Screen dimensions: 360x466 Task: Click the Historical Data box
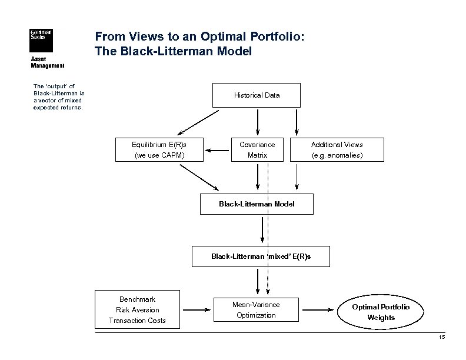point(257,95)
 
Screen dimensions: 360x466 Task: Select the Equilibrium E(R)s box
point(159,149)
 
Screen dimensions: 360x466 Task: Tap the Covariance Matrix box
point(257,149)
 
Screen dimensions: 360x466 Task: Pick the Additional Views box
point(337,149)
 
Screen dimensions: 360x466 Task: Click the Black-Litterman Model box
point(257,204)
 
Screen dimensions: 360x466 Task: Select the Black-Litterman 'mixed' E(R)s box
point(261,256)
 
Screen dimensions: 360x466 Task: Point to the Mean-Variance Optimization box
point(256,309)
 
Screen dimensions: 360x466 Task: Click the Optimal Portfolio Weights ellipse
point(381,312)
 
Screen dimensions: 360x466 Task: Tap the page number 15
point(442,337)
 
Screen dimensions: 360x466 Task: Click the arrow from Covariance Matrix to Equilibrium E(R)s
point(217,151)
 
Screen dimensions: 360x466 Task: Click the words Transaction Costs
point(137,321)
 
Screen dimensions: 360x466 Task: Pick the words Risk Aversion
point(137,310)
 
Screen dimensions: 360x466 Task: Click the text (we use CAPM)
point(159,155)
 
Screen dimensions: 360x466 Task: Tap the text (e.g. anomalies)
point(337,155)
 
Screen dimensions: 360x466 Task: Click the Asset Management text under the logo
point(47,62)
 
